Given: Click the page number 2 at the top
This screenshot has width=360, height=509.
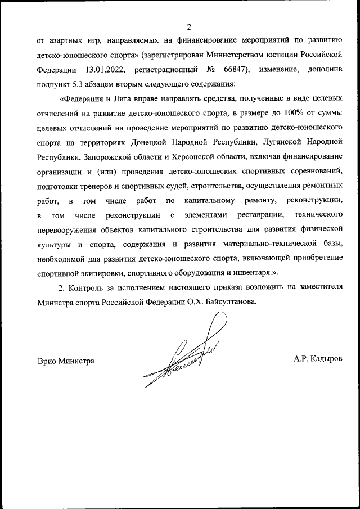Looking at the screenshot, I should [189, 26].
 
